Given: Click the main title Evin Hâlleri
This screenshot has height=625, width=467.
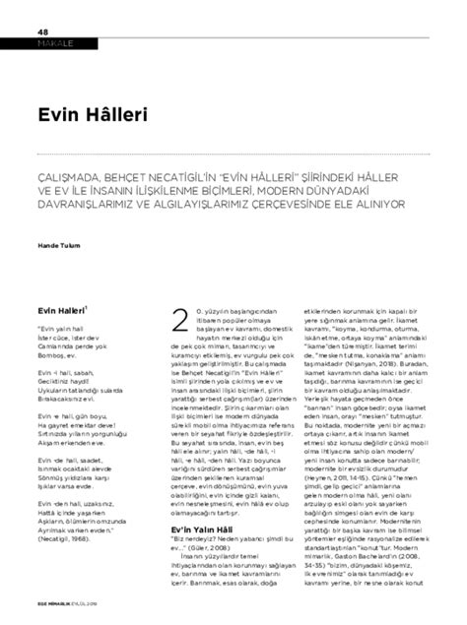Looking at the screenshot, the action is pyautogui.click(x=78, y=114).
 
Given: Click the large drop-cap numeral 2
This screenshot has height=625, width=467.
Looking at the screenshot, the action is pyautogui.click(x=179, y=322).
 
